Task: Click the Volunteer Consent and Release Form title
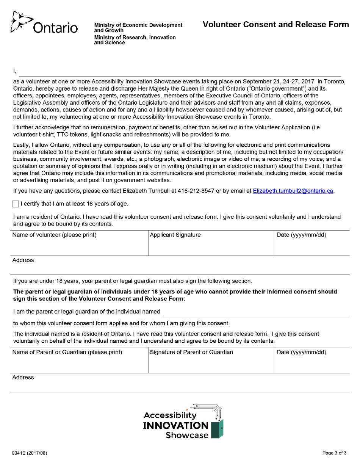click(275, 25)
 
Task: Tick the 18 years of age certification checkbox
click(16, 204)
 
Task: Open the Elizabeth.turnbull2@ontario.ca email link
click(293, 191)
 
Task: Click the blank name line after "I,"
click(180, 72)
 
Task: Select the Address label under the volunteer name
click(23, 260)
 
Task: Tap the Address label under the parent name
click(23, 378)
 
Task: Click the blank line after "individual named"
click(255, 313)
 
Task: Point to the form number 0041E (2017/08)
click(30, 453)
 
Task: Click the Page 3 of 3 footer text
click(334, 453)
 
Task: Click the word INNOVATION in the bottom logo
click(175, 426)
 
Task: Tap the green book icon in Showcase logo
click(217, 429)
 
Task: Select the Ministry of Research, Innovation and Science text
click(135, 40)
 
